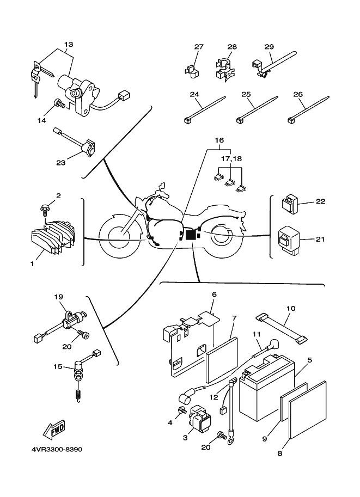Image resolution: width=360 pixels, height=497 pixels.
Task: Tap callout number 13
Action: coord(68,44)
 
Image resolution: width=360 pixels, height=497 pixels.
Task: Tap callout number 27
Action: coord(198,47)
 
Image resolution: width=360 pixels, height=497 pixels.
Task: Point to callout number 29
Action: coord(269,47)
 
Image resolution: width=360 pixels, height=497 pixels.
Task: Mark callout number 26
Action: coord(297,94)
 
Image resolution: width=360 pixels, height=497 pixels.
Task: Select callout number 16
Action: coord(219,140)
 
